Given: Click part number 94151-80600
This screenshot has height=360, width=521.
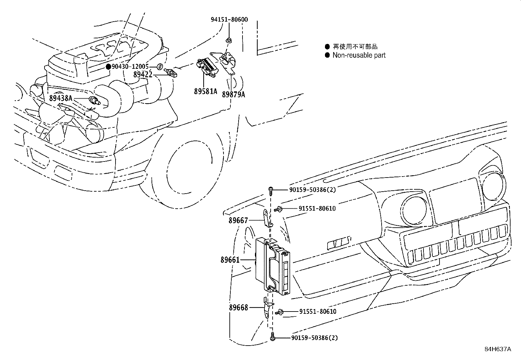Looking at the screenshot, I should point(229,20).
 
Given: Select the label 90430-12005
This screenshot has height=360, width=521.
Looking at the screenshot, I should point(130,66).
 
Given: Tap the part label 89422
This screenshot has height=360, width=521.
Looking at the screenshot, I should point(143,74).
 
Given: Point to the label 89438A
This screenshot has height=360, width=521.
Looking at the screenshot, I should point(61,98).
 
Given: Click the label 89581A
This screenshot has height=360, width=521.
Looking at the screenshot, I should point(205,92).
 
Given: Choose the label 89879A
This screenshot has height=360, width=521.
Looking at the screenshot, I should point(233,94).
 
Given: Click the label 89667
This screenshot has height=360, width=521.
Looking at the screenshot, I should point(238,221).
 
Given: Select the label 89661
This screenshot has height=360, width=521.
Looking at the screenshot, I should point(230,260).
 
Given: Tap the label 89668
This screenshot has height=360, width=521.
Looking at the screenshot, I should point(239,308).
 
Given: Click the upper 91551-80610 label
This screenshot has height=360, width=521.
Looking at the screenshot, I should point(317,209).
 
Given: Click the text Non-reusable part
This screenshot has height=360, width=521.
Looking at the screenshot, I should point(359,55).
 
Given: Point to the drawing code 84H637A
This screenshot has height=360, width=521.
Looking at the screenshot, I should point(498,349).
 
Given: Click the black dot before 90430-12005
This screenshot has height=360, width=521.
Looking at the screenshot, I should point(108,66).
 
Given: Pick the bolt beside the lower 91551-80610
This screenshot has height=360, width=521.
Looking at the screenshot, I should point(280,312).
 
